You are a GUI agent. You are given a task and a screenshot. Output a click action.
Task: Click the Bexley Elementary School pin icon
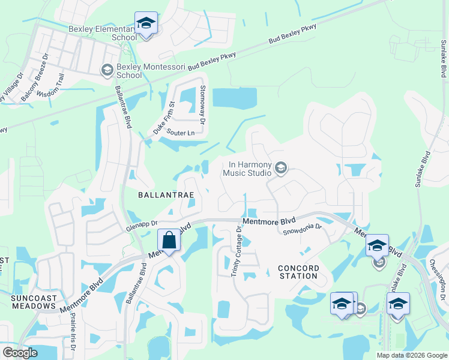click(x=145, y=24)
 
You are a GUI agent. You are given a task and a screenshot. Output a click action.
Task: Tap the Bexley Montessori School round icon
click(x=107, y=70)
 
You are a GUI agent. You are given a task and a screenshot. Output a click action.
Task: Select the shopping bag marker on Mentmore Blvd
click(x=169, y=241)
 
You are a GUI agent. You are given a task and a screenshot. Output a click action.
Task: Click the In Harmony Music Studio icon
click(x=280, y=169)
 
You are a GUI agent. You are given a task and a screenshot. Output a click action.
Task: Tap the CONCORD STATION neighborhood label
click(x=298, y=271)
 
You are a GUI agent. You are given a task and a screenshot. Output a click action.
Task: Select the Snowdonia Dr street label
click(x=303, y=229)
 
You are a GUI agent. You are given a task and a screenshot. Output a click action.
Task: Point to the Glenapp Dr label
click(x=141, y=225)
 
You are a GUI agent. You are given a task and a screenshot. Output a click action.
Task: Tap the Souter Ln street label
click(x=181, y=133)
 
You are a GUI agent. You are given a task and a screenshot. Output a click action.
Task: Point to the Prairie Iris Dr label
click(x=72, y=334)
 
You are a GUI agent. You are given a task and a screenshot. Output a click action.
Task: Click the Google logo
click(x=20, y=353)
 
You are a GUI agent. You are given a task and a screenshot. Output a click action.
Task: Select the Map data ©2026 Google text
click(x=411, y=355)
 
